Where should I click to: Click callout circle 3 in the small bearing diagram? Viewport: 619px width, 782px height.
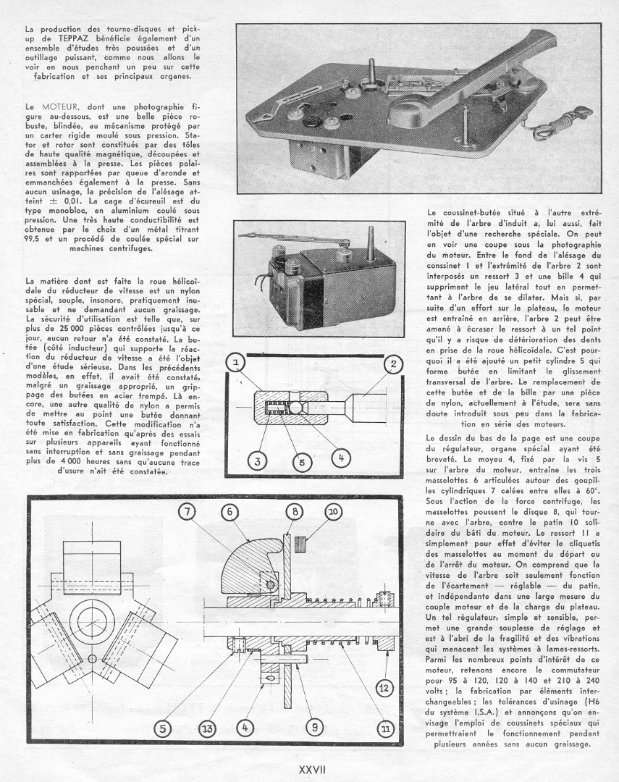point(254,460)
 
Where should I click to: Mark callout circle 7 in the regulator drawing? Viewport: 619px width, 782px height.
point(189,512)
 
